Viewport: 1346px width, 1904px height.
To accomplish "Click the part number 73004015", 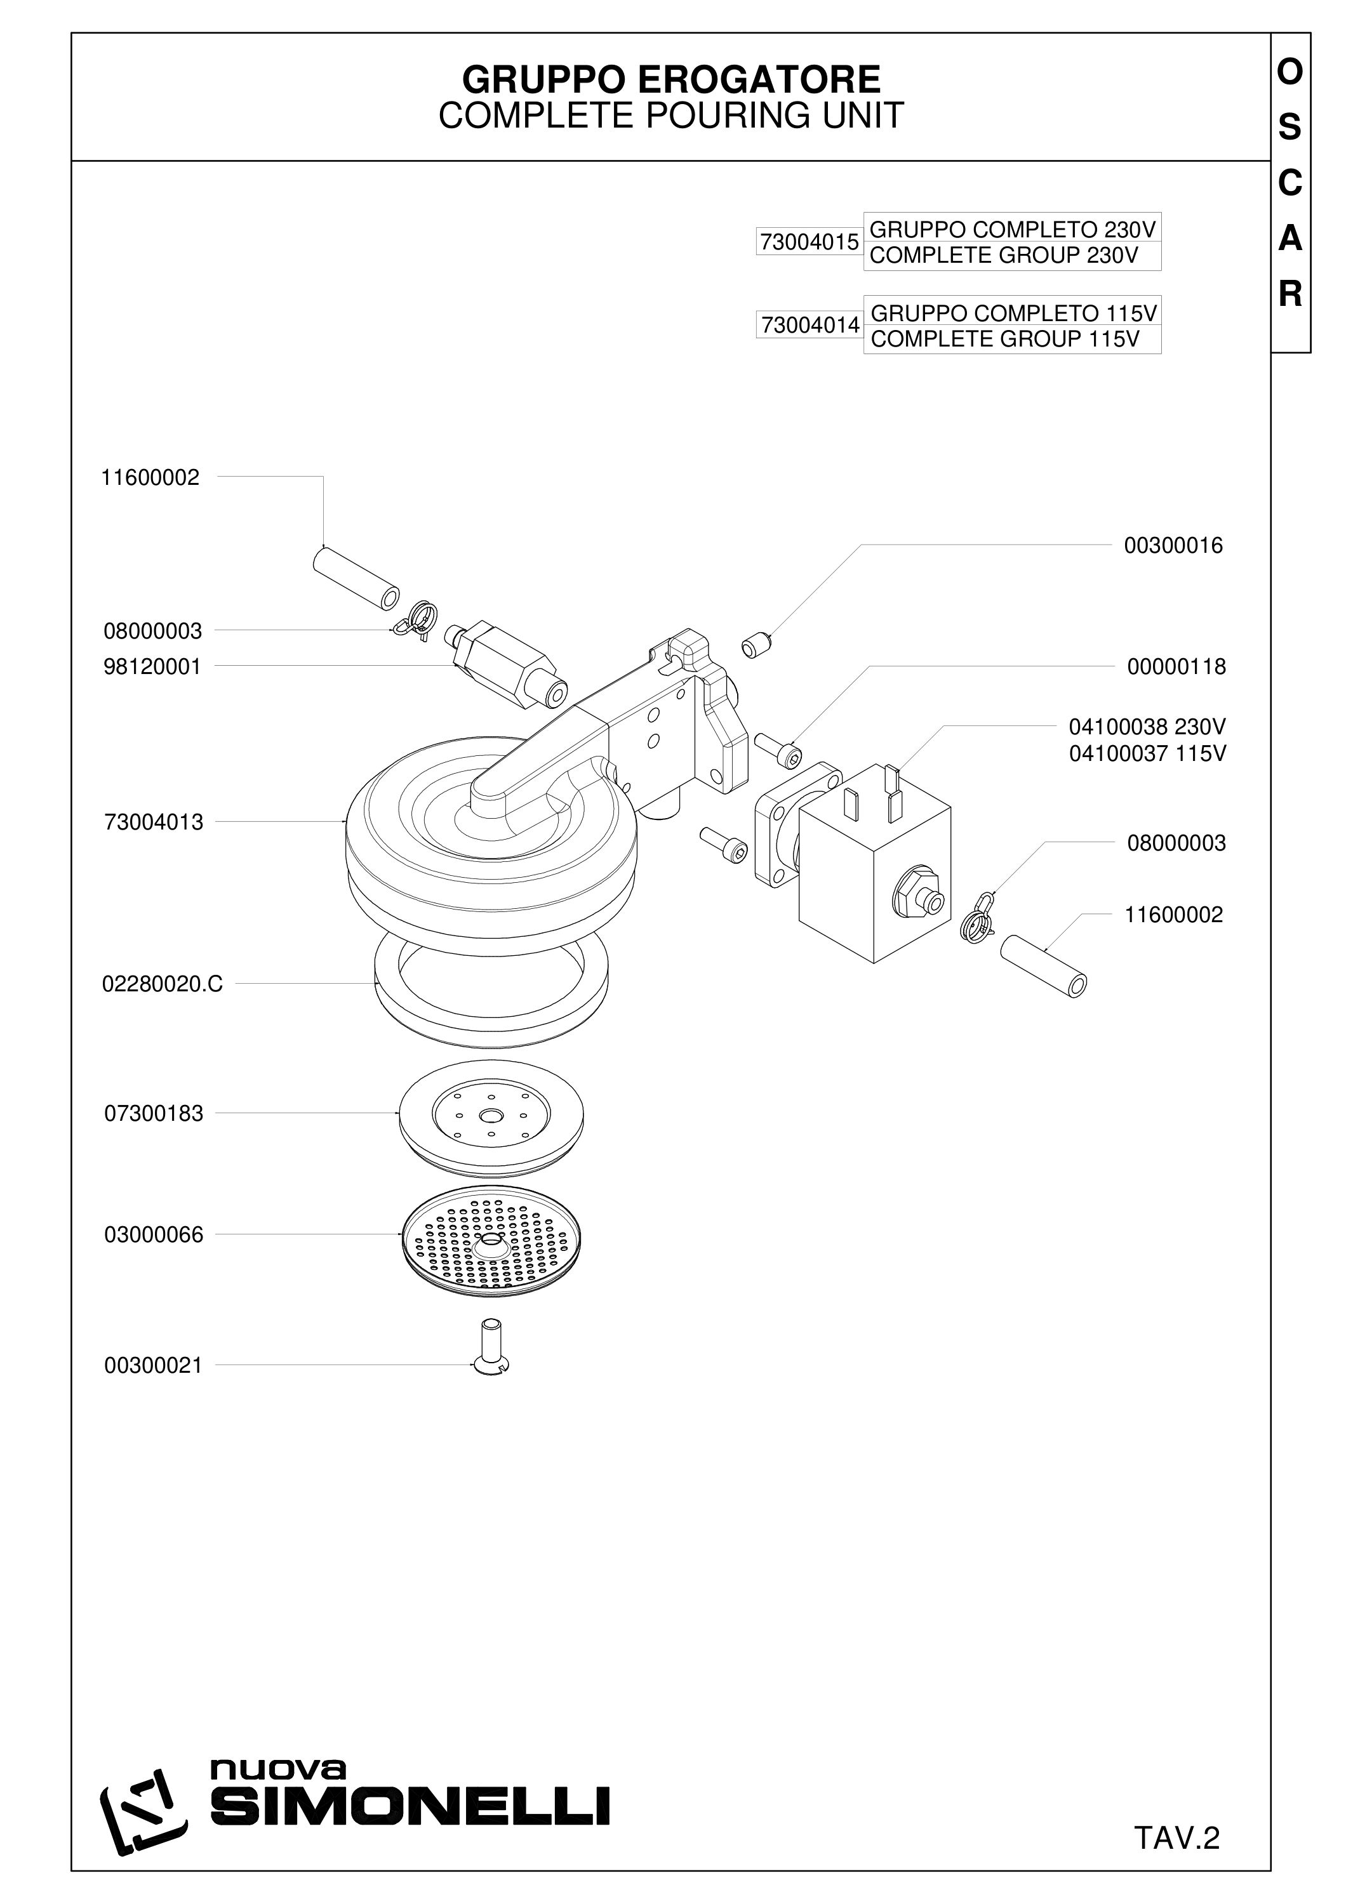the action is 810,242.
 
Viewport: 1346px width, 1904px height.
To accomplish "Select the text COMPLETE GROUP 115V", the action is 1004,339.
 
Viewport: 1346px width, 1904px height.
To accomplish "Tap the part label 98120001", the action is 152,668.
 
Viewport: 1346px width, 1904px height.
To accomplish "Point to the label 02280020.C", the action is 163,984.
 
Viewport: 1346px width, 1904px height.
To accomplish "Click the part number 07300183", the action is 154,1114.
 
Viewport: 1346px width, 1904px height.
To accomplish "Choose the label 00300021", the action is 154,1366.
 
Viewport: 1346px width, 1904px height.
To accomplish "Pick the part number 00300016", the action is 1173,546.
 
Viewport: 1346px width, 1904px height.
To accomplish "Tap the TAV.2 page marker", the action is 1177,1815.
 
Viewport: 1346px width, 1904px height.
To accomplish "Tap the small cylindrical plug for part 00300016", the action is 756,644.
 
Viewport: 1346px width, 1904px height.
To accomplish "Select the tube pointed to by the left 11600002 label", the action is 356,577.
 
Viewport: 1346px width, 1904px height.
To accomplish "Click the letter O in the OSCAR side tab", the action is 1289,74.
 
